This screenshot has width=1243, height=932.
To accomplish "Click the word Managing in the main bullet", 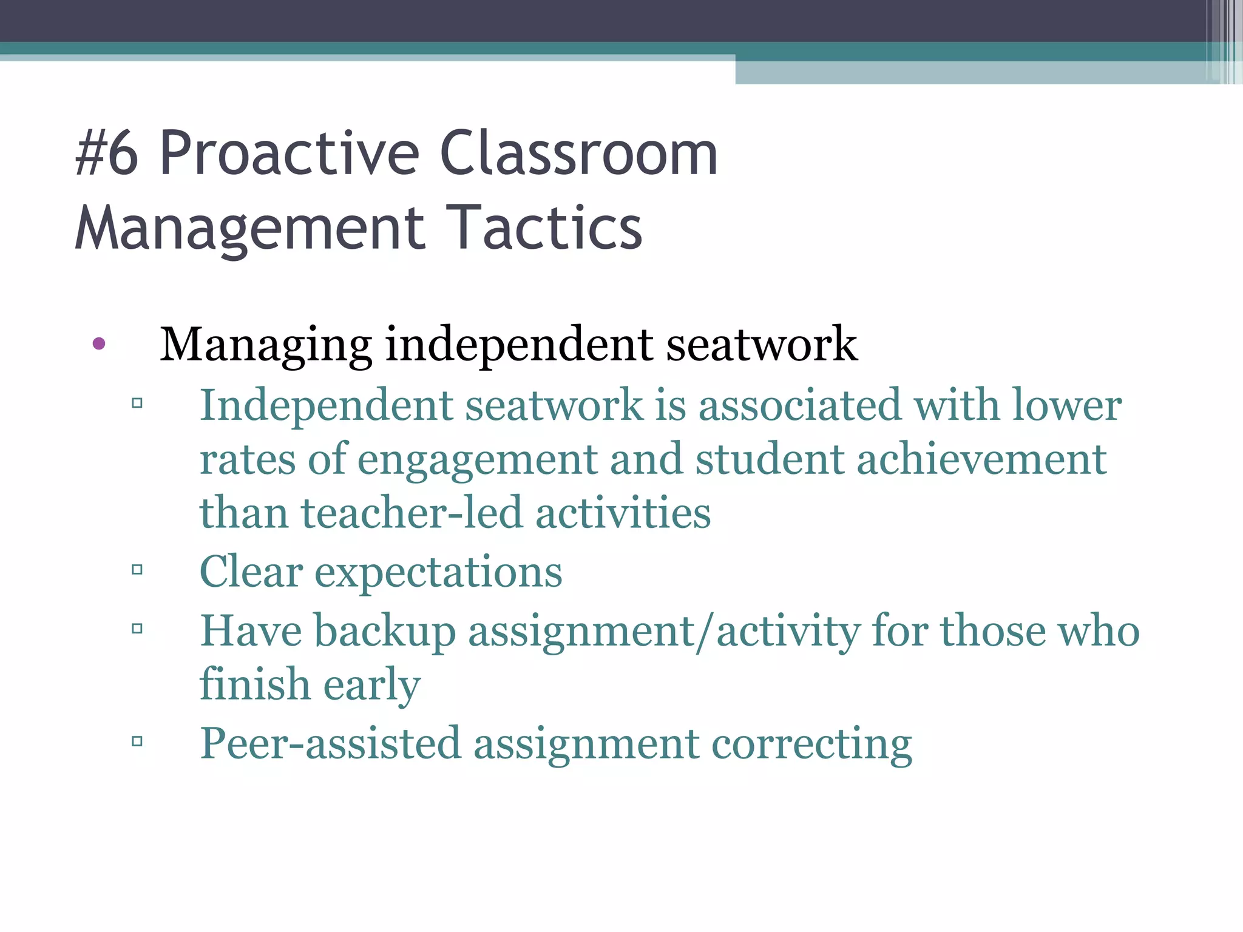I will tap(265, 345).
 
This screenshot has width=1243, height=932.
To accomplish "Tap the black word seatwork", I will tap(762, 345).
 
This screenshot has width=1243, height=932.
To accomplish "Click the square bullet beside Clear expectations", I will tap(137, 570).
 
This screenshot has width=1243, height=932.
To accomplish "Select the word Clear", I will tap(251, 572).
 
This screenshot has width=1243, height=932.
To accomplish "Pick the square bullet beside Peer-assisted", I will tap(137, 741).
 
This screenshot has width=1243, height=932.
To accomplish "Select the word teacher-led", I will tap(412, 513).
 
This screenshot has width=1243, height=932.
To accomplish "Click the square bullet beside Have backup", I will tap(137, 629).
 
